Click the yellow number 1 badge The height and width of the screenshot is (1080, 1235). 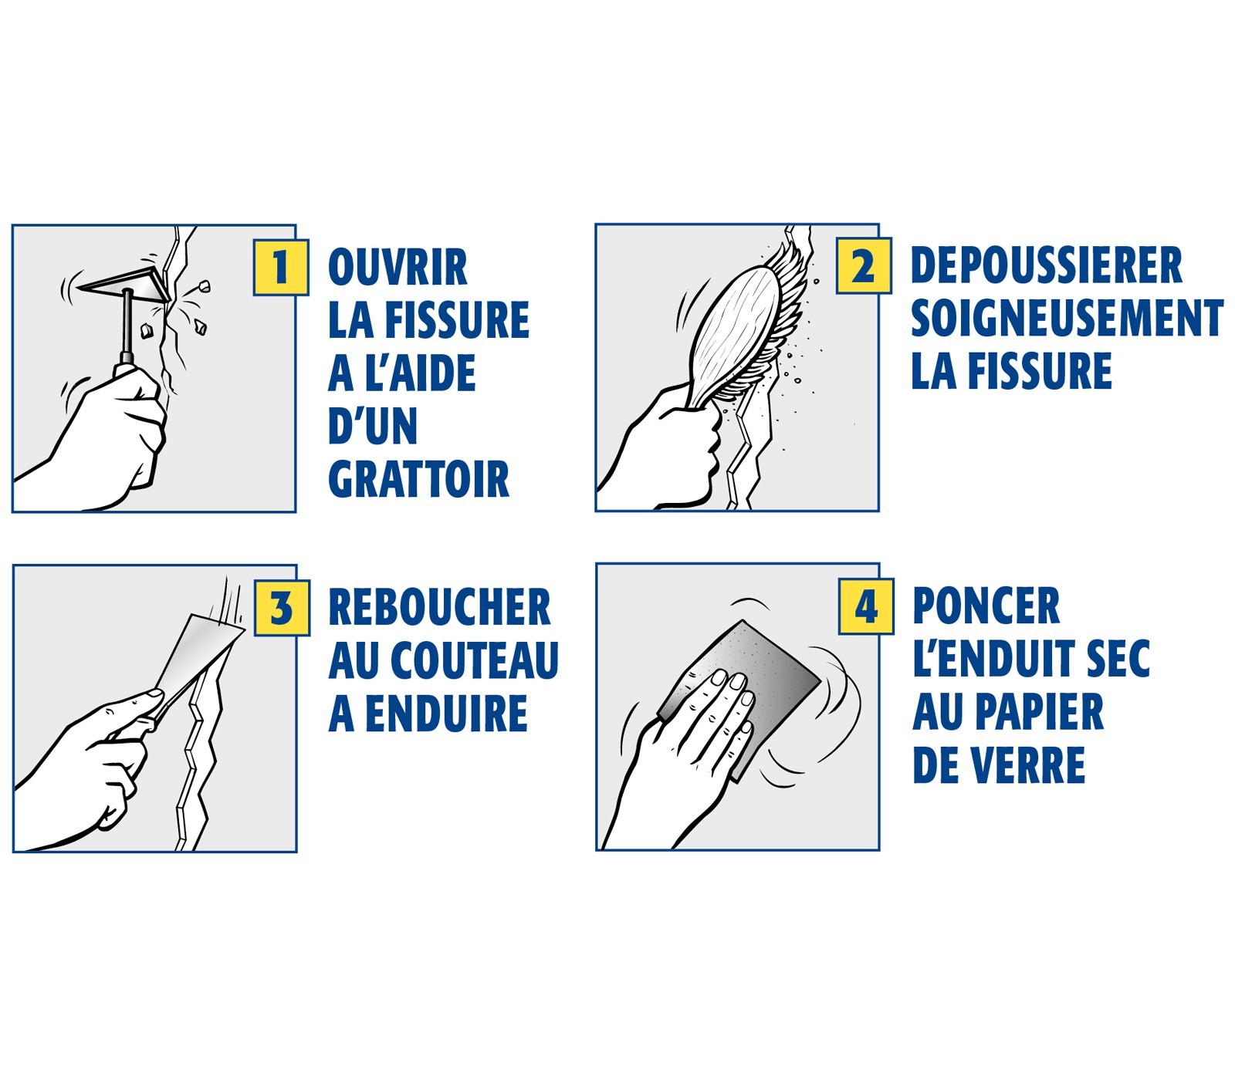281,268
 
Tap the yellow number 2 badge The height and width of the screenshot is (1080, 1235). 864,266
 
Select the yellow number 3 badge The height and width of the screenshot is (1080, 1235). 282,608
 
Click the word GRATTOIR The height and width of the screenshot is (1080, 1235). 418,480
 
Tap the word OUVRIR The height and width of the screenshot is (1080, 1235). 398,268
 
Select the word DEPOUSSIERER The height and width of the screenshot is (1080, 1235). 1046,266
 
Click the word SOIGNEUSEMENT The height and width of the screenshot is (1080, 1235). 1067,319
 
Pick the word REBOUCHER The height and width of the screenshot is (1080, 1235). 439,607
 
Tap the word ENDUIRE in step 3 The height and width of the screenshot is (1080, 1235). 447,714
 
